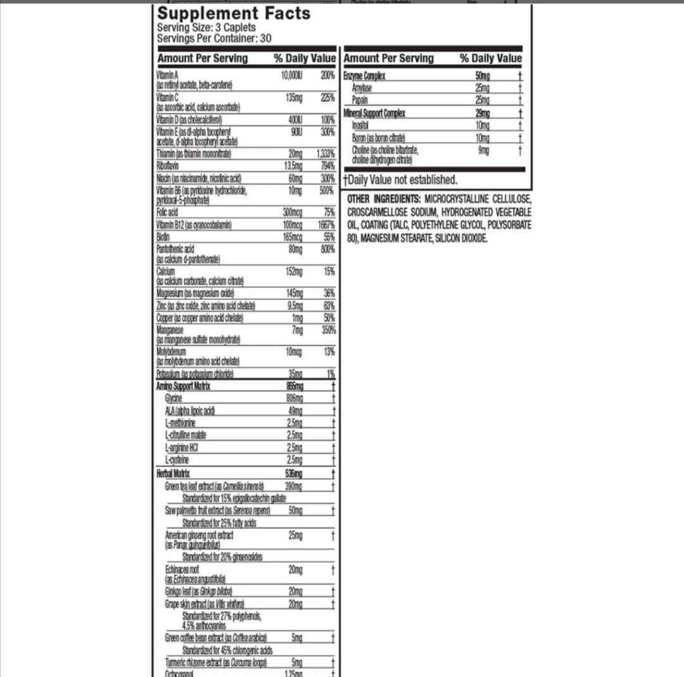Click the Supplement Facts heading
click(x=234, y=13)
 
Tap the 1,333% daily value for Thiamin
click(x=326, y=153)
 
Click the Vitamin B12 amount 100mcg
click(x=292, y=225)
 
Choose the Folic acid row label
click(x=168, y=212)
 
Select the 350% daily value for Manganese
click(x=328, y=330)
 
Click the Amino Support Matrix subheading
click(x=184, y=385)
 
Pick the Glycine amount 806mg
click(x=295, y=398)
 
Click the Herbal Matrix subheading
click(x=173, y=473)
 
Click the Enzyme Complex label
click(x=364, y=76)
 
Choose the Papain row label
click(x=361, y=100)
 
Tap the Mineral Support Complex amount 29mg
click(x=482, y=113)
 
